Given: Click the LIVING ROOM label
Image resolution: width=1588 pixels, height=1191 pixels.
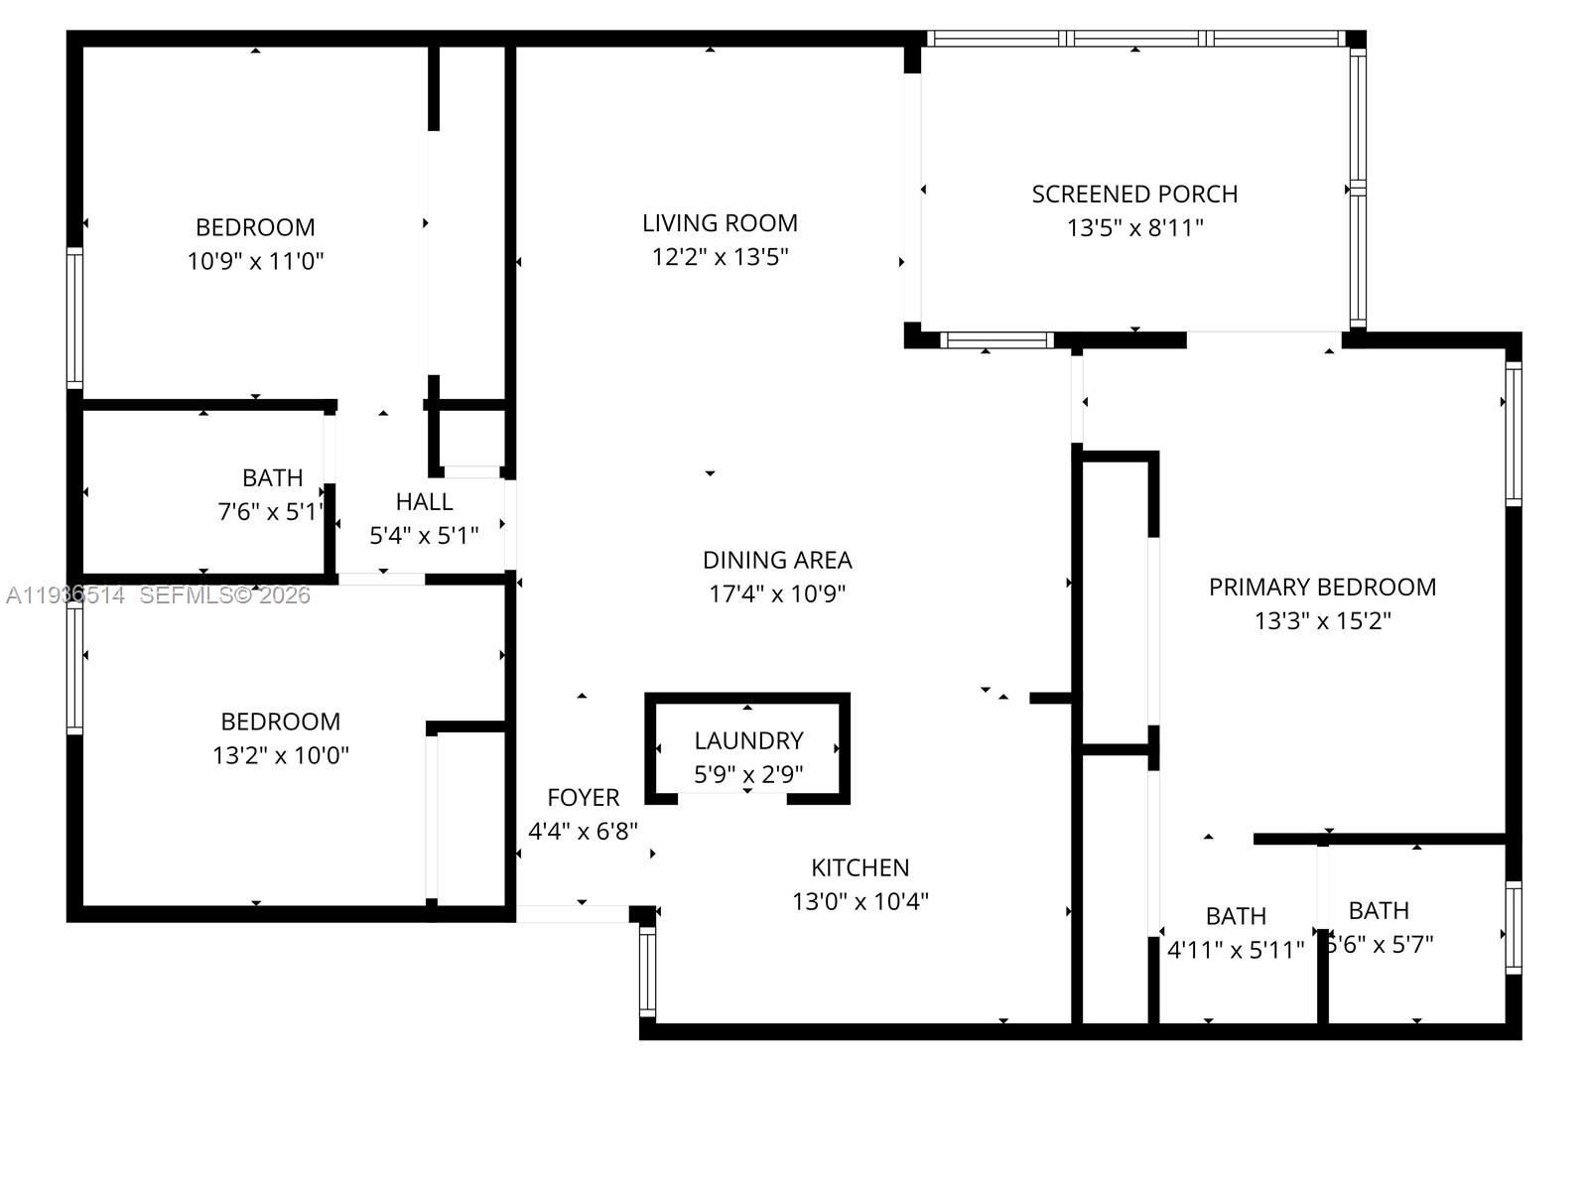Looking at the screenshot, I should (x=720, y=223).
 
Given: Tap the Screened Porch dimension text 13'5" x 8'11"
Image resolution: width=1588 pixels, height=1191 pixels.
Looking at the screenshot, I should (x=1134, y=228).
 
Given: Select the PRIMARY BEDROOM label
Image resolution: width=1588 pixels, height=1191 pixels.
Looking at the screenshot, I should (x=1322, y=587).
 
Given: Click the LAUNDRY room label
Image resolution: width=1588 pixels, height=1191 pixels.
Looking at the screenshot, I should (x=748, y=740).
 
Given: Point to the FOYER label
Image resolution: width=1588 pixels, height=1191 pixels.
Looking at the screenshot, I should (x=583, y=797).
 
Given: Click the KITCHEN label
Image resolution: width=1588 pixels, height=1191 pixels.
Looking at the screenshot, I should (x=860, y=867).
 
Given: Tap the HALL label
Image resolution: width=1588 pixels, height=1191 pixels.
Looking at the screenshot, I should (x=424, y=501).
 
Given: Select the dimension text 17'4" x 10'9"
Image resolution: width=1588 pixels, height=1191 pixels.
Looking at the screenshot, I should (x=777, y=594).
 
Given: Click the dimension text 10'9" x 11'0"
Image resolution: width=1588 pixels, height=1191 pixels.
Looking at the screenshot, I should (x=255, y=261).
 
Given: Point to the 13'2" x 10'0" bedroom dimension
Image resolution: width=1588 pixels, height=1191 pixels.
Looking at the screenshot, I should (x=281, y=755).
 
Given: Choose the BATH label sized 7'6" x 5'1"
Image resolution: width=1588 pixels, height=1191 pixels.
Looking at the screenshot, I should (x=272, y=477).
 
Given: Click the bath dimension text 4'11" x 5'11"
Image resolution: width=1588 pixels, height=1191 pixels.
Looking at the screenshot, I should (x=1236, y=950).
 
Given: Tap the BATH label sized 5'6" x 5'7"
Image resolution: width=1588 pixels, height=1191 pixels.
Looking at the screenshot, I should (x=1379, y=910).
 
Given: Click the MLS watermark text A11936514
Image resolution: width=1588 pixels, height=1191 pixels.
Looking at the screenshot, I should (x=66, y=595).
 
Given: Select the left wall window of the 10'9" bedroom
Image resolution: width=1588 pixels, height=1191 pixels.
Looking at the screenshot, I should (x=74, y=318).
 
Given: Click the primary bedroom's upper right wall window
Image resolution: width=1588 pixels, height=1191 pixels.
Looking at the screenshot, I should (x=1513, y=434).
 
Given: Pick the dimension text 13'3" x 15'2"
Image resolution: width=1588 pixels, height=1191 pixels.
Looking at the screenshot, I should (x=1322, y=621).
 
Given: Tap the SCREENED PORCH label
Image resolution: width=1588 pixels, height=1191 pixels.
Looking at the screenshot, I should (x=1134, y=195).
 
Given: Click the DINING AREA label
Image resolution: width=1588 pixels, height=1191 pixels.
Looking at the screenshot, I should (x=777, y=560).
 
